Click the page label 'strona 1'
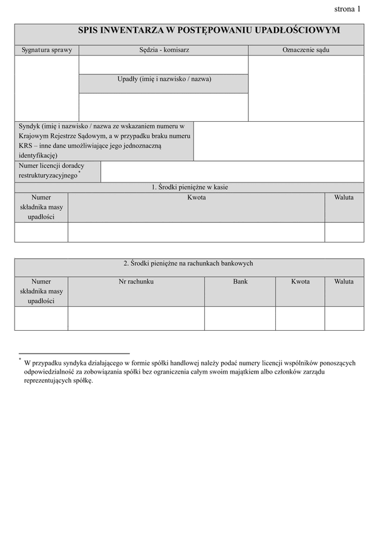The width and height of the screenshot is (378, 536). point(347,9)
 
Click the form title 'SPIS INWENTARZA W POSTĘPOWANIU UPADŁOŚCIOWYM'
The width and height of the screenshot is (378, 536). point(209,30)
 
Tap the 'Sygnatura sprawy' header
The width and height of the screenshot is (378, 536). point(47,49)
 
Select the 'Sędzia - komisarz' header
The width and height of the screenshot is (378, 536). point(164,49)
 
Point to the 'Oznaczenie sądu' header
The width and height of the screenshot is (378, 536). point(306,49)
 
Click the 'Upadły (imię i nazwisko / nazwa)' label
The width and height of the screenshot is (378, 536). point(164,79)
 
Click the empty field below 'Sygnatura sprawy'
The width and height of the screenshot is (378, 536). point(47,88)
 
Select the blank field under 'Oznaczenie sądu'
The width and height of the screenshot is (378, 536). point(306,88)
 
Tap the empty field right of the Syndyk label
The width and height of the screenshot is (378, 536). point(278,141)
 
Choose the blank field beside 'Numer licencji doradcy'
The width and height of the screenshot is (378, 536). point(232,171)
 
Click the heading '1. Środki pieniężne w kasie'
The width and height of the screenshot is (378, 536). point(189,187)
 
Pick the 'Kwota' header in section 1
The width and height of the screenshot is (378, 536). point(197,198)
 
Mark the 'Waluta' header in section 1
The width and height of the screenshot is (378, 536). point(344,198)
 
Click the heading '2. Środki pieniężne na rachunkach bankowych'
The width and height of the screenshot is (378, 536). point(188,263)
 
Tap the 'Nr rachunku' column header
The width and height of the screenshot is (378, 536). point(136,282)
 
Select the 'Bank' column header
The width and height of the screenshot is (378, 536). point(240,282)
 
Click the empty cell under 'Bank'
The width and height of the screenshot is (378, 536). point(240,318)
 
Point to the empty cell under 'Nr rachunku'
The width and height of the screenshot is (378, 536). point(136,318)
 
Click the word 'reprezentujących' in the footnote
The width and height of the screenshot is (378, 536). point(45,381)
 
